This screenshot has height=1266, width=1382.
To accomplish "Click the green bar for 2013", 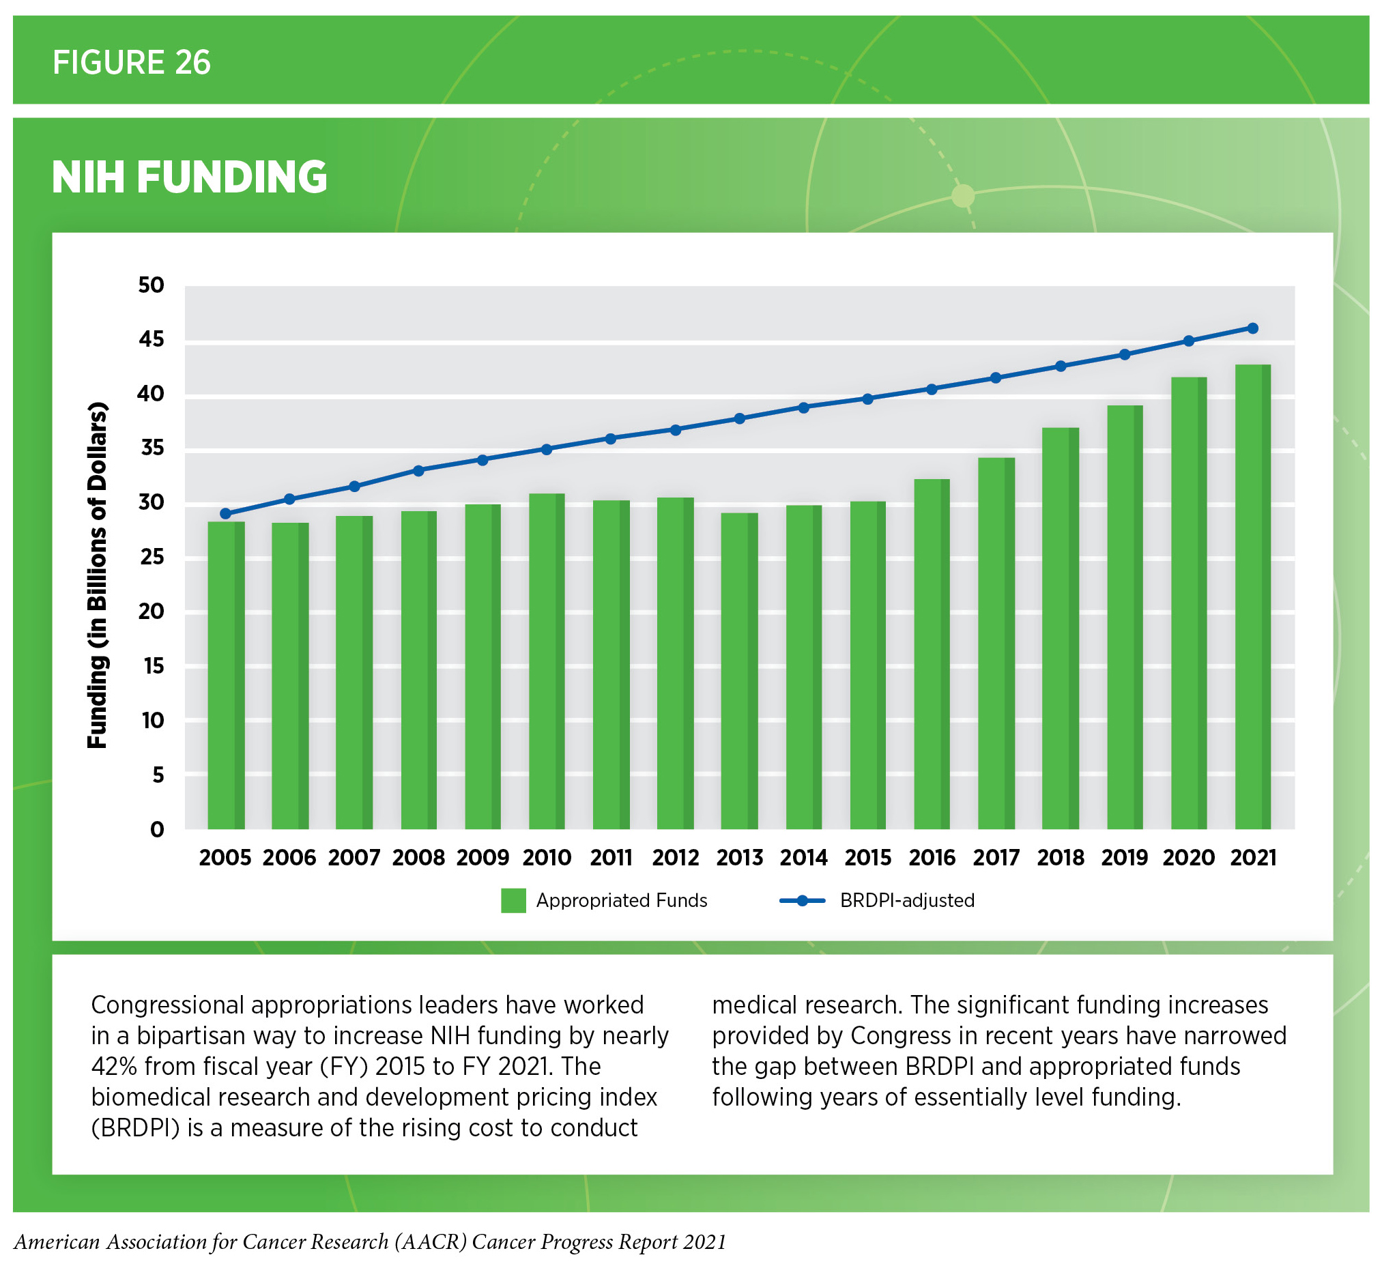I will (739, 672).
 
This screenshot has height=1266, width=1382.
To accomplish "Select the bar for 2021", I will (1252, 596).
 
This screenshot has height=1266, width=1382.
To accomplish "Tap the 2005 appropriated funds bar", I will (225, 675).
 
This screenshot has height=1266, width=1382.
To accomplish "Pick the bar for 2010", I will (547, 661).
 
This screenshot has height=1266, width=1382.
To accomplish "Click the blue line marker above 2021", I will (1252, 328).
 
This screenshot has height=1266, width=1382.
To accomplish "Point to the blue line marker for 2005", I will (225, 513).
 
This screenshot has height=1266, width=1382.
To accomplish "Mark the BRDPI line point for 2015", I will (868, 399).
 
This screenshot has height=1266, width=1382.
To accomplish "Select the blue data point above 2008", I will (418, 471).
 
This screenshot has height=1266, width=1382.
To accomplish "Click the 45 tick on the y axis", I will (151, 339).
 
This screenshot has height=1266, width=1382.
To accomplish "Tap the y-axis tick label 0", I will (157, 830).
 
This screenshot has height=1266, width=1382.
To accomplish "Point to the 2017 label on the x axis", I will (996, 858).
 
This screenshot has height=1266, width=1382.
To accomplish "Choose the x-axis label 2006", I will (289, 858).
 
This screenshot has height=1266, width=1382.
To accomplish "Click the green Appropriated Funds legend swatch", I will (513, 901).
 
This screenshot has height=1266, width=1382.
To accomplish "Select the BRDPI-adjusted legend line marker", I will (802, 901).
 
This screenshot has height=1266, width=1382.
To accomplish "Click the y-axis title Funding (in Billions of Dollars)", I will (98, 576).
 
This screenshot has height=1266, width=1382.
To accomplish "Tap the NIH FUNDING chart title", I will (189, 177).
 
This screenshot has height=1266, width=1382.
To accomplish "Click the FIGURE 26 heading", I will (132, 62).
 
